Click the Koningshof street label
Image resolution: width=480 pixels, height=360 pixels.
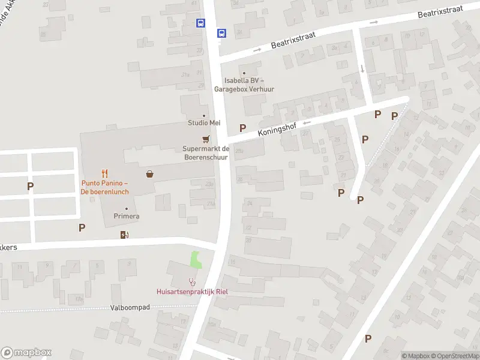(x=278, y=128)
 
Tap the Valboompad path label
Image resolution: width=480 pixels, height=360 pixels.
(x=130, y=307)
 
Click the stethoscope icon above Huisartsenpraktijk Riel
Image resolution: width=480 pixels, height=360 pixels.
(x=192, y=281)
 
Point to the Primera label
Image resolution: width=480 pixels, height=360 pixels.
(x=127, y=216)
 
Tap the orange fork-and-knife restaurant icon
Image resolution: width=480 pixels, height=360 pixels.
(x=104, y=174)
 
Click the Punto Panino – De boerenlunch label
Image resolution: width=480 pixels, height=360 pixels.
(x=105, y=187)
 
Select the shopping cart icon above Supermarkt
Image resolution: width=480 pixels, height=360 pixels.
(x=206, y=139)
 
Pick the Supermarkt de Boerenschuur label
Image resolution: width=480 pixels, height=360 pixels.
(x=207, y=152)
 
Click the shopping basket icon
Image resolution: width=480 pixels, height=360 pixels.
(x=149, y=174)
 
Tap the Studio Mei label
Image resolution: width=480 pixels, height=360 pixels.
(x=203, y=123)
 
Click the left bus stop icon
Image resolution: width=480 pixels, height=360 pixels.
(x=200, y=23)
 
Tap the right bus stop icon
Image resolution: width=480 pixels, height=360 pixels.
(x=221, y=33)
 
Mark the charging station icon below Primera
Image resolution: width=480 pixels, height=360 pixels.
(x=125, y=235)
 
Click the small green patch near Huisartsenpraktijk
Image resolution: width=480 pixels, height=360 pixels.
(x=196, y=260)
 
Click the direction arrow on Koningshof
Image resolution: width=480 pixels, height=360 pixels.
(x=307, y=123)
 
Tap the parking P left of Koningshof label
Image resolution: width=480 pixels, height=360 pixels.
(x=243, y=127)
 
